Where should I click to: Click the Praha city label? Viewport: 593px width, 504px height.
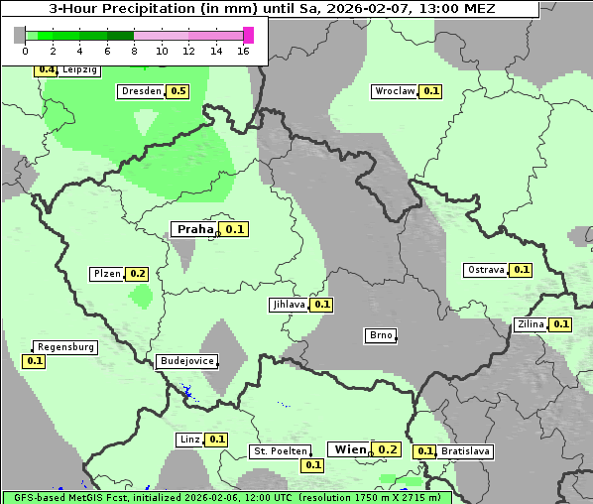[194, 229]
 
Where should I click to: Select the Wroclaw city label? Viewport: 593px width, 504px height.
[395, 91]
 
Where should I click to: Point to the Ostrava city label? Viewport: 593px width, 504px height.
[486, 270]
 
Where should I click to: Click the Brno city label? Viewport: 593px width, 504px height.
[381, 335]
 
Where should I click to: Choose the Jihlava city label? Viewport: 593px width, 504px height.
[289, 305]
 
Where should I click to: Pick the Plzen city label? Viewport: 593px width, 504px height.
[106, 274]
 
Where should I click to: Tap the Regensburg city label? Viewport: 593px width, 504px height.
[65, 347]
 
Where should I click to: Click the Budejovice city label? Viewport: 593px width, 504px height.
[185, 361]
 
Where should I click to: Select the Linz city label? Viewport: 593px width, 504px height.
[189, 440]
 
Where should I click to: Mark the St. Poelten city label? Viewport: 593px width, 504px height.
[281, 451]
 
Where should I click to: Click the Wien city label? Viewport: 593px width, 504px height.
[350, 449]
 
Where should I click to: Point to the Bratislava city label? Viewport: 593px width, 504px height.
[466, 451]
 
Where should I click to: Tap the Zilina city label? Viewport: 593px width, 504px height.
[532, 324]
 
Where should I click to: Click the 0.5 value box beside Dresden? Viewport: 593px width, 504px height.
[178, 91]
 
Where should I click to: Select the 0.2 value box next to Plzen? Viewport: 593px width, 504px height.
[138, 274]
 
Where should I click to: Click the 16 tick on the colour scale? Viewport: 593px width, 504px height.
[243, 51]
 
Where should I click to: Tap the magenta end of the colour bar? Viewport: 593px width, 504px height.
[248, 35]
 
